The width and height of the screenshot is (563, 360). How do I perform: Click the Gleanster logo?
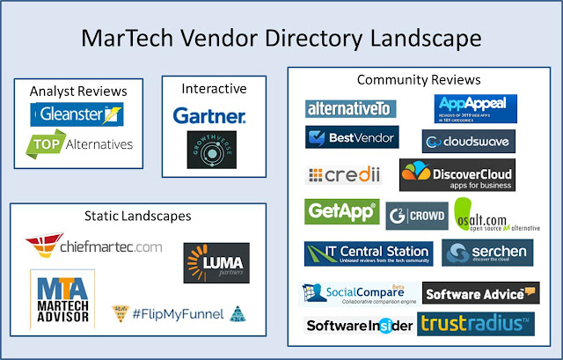pos(77,114)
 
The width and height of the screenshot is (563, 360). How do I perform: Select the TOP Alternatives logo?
pos(79,144)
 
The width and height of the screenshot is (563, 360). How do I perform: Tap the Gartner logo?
pos(209,115)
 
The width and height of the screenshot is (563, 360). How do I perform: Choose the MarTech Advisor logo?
pos(62,299)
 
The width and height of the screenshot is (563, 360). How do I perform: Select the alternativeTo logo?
pos(350,108)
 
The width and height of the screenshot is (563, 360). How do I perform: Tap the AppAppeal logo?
pos(476,108)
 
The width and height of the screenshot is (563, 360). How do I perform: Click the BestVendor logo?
pos(351,137)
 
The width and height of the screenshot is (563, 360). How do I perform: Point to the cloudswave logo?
pos(468,141)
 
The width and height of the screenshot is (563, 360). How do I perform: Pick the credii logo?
pos(345,175)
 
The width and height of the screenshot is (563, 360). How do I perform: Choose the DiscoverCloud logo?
pos(457,175)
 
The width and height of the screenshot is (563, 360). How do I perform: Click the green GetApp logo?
pos(341,212)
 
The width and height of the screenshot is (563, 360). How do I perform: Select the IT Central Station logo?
pos(368,253)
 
